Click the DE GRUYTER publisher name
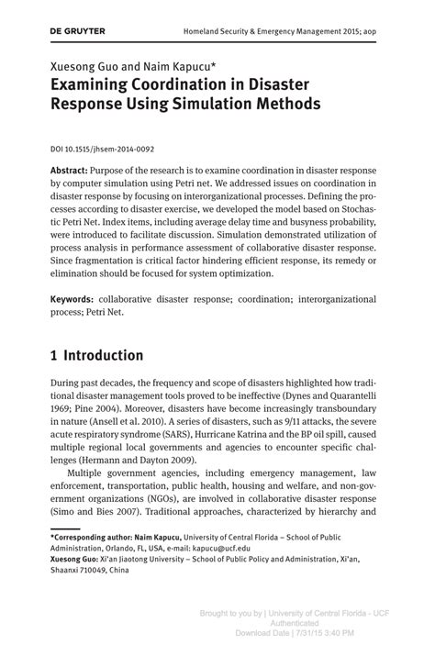click(78, 31)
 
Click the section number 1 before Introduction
click(55, 354)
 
